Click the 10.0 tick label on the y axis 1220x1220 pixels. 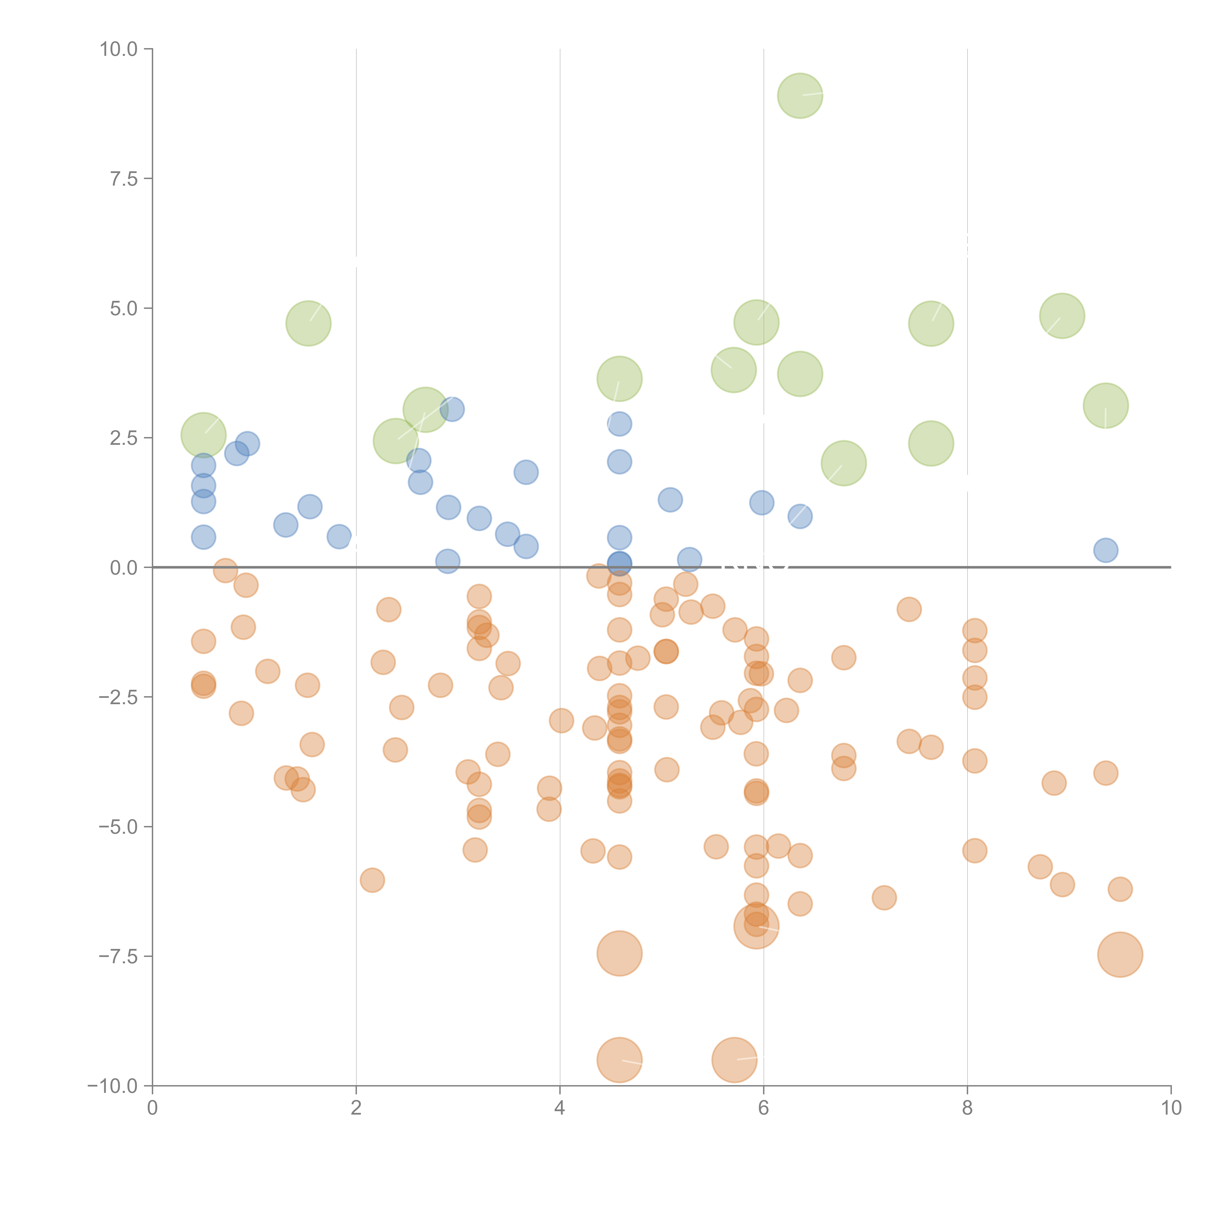pos(119,49)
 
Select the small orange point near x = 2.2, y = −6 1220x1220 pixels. pos(372,880)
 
